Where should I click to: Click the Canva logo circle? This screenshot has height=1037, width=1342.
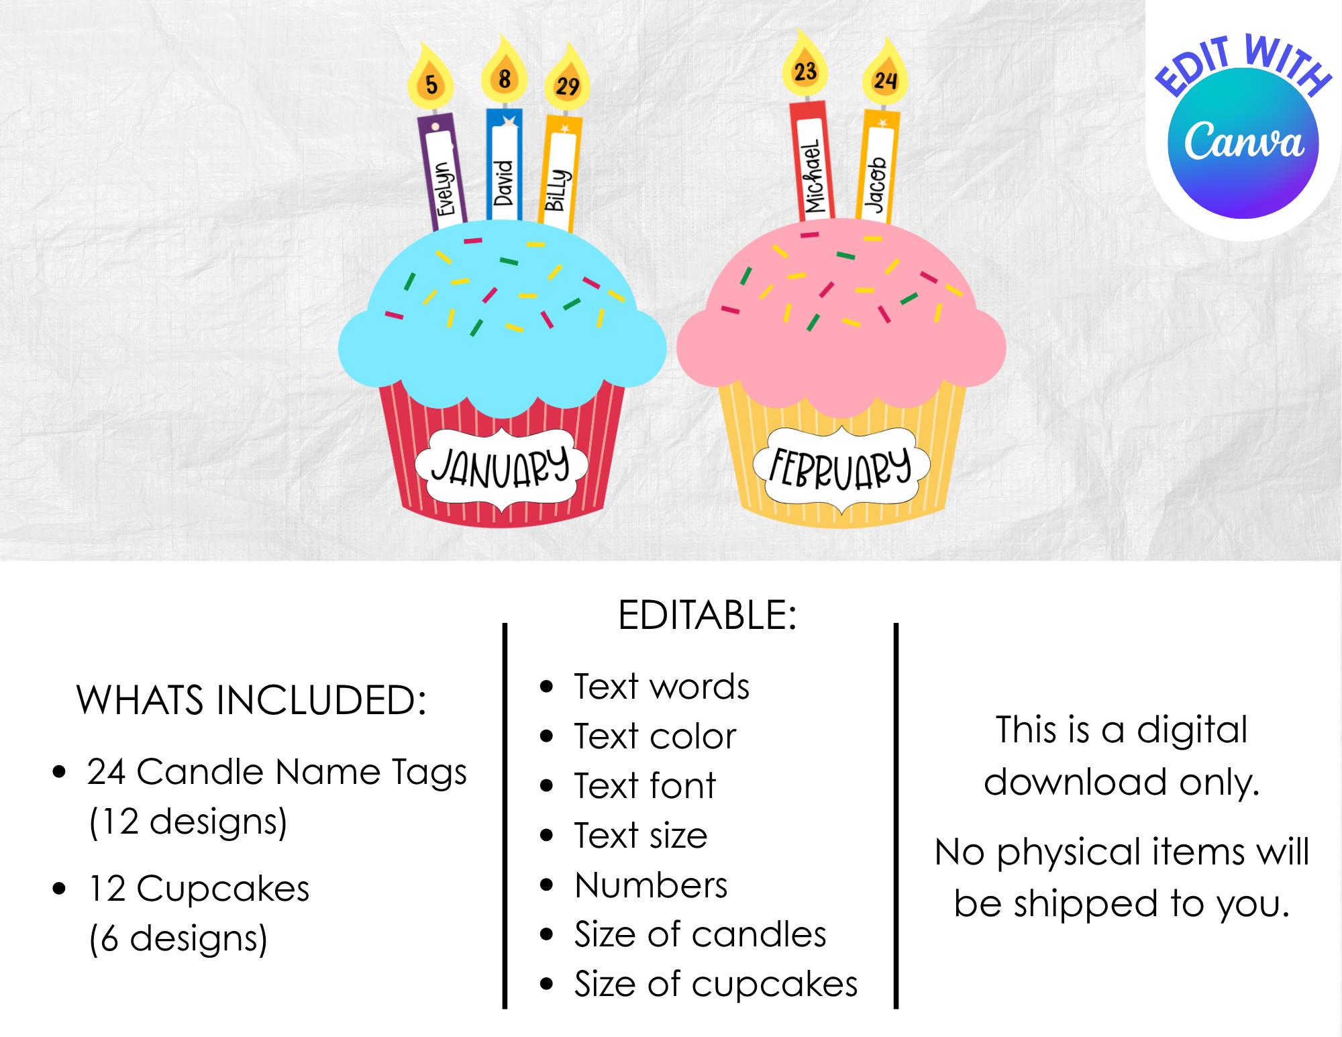click(1243, 142)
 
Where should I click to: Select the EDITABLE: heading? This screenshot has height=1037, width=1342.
click(707, 615)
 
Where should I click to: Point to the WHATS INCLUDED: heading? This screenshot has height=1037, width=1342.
click(252, 700)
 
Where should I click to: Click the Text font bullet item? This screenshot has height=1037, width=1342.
click(645, 785)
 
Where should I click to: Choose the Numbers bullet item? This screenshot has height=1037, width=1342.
click(651, 885)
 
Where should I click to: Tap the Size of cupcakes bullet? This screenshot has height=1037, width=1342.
click(716, 984)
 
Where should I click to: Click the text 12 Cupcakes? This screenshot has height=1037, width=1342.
click(199, 889)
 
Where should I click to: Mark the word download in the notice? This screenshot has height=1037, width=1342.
click(1077, 782)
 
